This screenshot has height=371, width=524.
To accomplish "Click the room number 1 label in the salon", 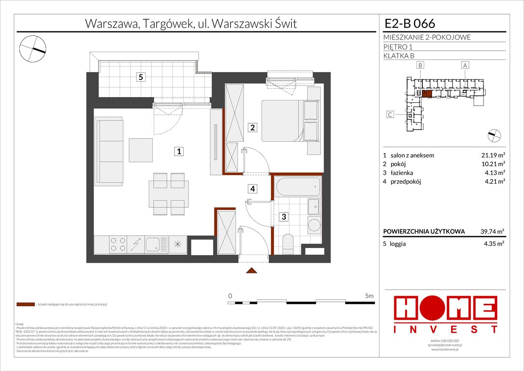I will click(x=179, y=152).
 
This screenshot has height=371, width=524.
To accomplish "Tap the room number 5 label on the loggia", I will click(x=140, y=77).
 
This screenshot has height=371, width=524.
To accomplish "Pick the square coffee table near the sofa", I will click(x=140, y=150).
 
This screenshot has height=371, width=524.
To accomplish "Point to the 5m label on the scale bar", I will click(x=369, y=295).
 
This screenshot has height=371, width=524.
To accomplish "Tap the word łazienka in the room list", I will click(x=403, y=172).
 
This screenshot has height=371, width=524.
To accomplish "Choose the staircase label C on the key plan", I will click(x=390, y=114).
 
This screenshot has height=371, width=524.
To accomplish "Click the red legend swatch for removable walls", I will click(x=26, y=305).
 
